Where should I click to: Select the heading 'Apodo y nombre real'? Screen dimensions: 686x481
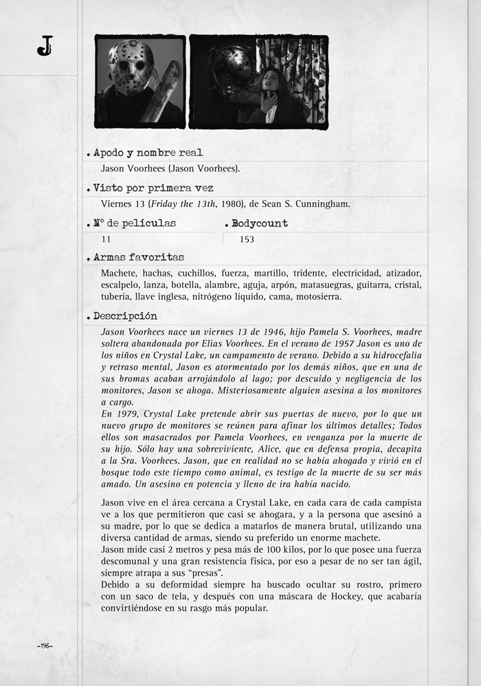148,153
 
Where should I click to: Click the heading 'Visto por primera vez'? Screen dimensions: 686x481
153,188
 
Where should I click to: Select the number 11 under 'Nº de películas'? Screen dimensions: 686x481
106,239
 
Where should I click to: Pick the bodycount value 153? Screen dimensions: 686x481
247,239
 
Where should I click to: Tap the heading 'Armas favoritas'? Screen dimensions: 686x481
139,257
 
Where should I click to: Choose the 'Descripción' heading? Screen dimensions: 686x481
125,316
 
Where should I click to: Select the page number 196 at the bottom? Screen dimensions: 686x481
45,645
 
